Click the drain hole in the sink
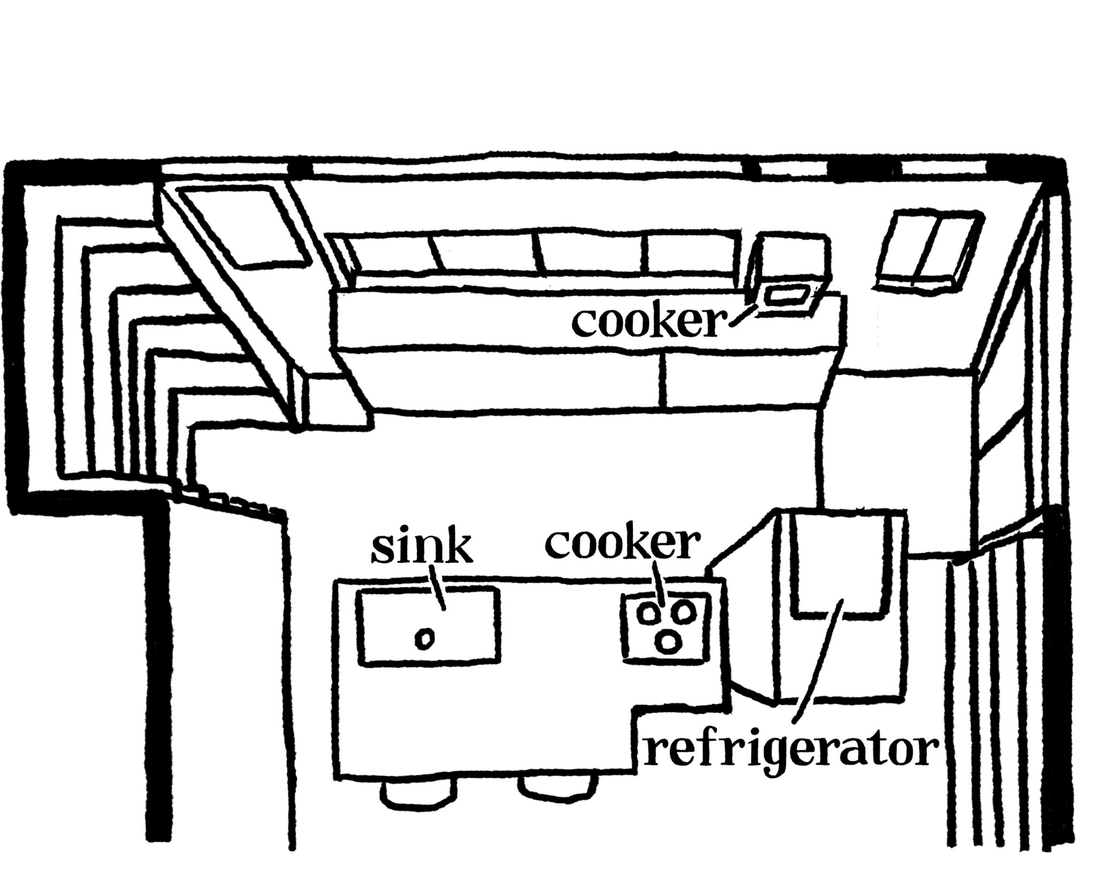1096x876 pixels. tap(425, 639)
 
